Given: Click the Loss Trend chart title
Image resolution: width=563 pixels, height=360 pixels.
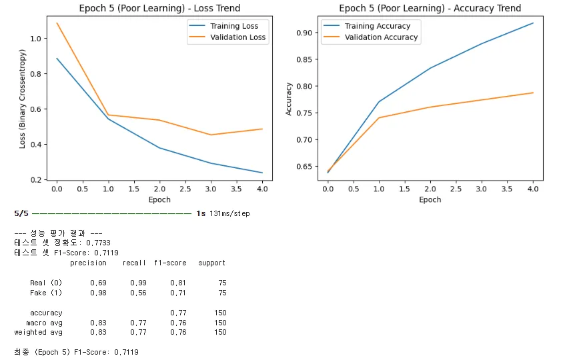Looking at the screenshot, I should [159, 8].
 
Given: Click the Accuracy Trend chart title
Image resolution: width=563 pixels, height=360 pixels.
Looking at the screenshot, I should [430, 8].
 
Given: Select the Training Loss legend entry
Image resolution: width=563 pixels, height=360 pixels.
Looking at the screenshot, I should [231, 26].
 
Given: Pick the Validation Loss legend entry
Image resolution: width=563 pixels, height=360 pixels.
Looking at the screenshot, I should [233, 37].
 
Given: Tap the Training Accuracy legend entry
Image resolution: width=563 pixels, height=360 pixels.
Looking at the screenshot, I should [377, 26].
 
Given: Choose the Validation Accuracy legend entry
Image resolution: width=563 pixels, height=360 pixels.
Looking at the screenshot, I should [381, 37].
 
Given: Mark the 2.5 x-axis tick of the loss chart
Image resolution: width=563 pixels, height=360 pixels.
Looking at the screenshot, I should [185, 189].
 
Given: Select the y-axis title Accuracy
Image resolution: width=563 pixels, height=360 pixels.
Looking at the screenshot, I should [289, 99].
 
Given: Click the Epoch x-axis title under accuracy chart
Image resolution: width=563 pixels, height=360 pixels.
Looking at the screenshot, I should [430, 199].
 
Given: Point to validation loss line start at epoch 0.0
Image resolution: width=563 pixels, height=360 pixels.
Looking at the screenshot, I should [57, 23].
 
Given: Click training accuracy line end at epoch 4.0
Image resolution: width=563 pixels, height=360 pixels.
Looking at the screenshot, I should [533, 23].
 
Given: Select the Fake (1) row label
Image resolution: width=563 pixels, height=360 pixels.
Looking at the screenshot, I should [46, 293].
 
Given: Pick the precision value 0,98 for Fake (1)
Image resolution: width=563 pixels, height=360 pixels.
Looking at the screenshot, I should [98, 293].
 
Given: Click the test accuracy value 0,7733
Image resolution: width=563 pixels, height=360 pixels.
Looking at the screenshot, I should [98, 243].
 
